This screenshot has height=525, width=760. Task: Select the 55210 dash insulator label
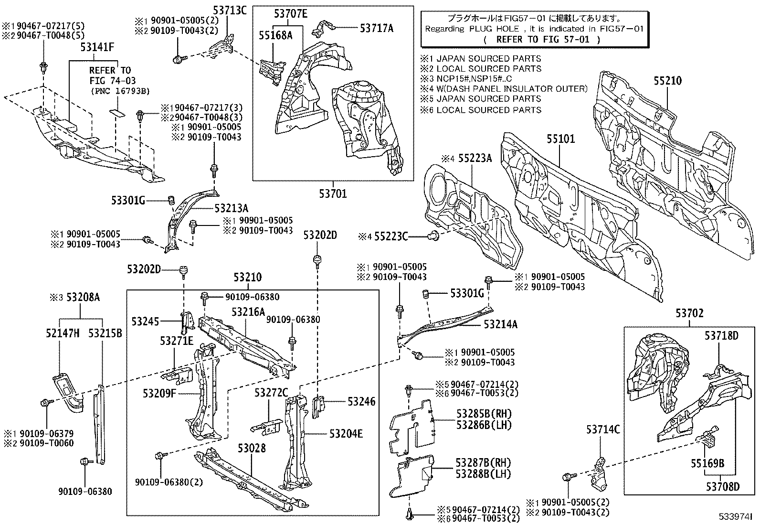[x=667, y=81]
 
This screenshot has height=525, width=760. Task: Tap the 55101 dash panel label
[x=561, y=139]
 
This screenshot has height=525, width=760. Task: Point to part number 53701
[x=333, y=193]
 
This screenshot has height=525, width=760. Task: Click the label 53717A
[x=377, y=28]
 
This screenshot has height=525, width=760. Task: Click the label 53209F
[x=159, y=393]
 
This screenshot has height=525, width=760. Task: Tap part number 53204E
[x=346, y=433]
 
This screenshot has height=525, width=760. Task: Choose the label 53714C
[x=603, y=430]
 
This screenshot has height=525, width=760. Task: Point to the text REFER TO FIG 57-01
[x=542, y=40]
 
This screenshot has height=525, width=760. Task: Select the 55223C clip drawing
[x=434, y=235]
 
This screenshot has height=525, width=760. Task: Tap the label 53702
[x=689, y=313]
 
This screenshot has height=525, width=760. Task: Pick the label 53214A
[x=500, y=324]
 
